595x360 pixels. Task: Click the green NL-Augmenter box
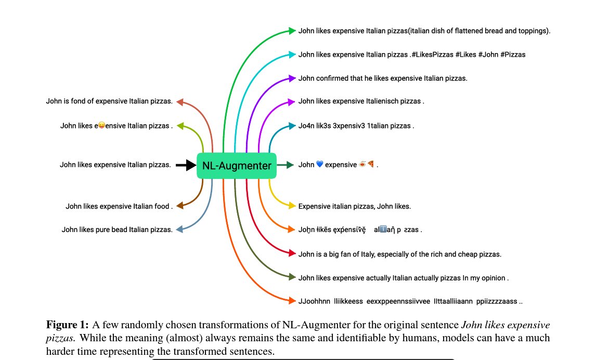coord(237,166)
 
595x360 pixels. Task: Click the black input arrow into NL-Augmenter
coord(185,165)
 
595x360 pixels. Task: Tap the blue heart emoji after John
coord(319,165)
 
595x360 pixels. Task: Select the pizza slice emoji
coord(371,165)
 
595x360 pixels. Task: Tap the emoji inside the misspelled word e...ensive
coord(102,125)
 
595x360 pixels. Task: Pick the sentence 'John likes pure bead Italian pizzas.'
coord(117,229)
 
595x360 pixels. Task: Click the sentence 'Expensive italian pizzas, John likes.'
coord(354,206)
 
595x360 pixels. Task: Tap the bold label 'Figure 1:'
coord(68,325)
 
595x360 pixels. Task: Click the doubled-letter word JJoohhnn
coord(314,301)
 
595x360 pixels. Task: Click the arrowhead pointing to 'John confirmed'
coord(292,78)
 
